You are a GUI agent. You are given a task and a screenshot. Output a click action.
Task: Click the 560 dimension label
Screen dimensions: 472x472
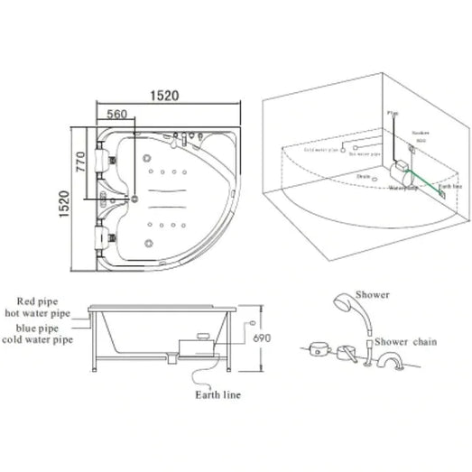point(116,115)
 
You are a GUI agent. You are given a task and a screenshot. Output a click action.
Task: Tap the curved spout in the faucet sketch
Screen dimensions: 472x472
point(389,364)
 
